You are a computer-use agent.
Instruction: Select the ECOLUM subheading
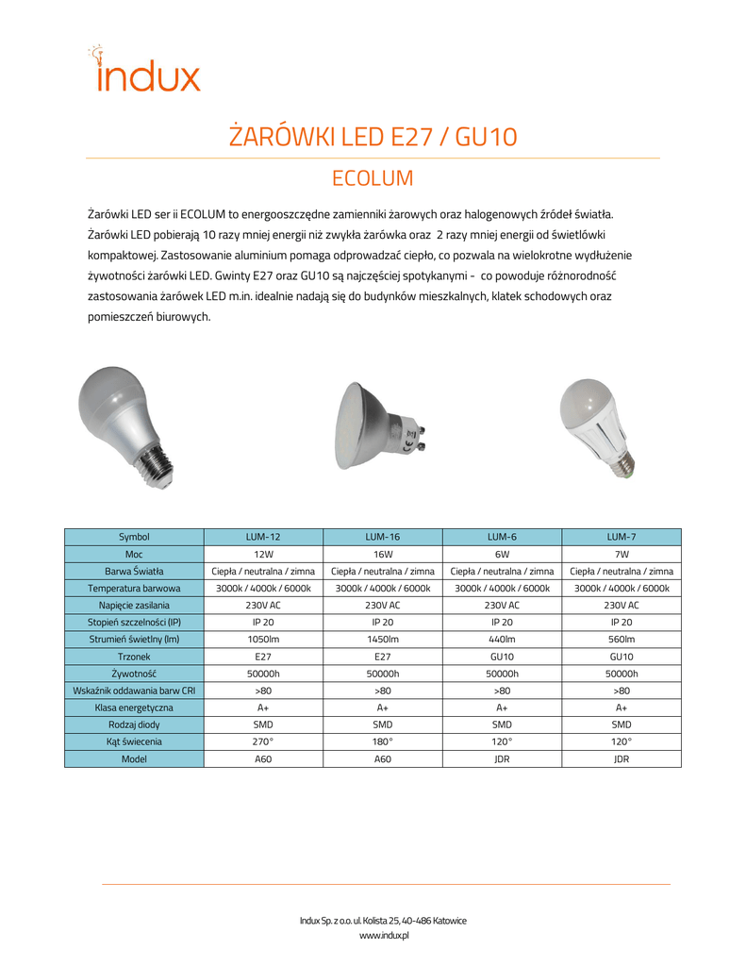[373, 178]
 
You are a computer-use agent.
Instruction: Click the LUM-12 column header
[263, 537]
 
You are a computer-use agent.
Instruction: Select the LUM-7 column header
[621, 537]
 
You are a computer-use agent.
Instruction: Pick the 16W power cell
[382, 554]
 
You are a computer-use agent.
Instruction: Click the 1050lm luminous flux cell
[263, 640]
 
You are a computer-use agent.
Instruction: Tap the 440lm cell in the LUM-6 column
[502, 640]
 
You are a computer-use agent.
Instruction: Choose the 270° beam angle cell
[263, 741]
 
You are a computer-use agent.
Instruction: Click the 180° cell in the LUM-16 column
[382, 741]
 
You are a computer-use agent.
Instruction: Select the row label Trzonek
[134, 657]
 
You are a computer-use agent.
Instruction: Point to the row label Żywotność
[134, 674]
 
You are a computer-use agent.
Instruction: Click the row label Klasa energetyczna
[134, 708]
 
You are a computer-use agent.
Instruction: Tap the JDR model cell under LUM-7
[621, 758]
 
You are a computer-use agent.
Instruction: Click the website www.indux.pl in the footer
[383, 935]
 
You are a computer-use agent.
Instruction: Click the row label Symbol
[134, 537]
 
